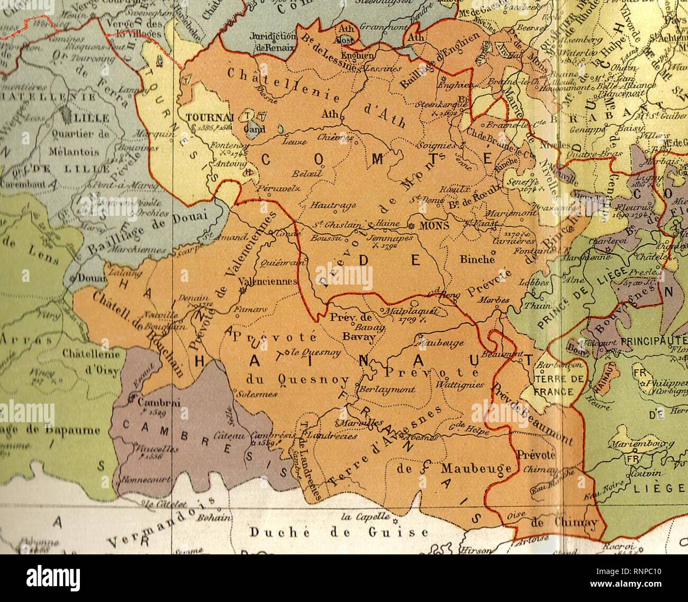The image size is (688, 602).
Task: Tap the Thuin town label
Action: click(533, 306)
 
